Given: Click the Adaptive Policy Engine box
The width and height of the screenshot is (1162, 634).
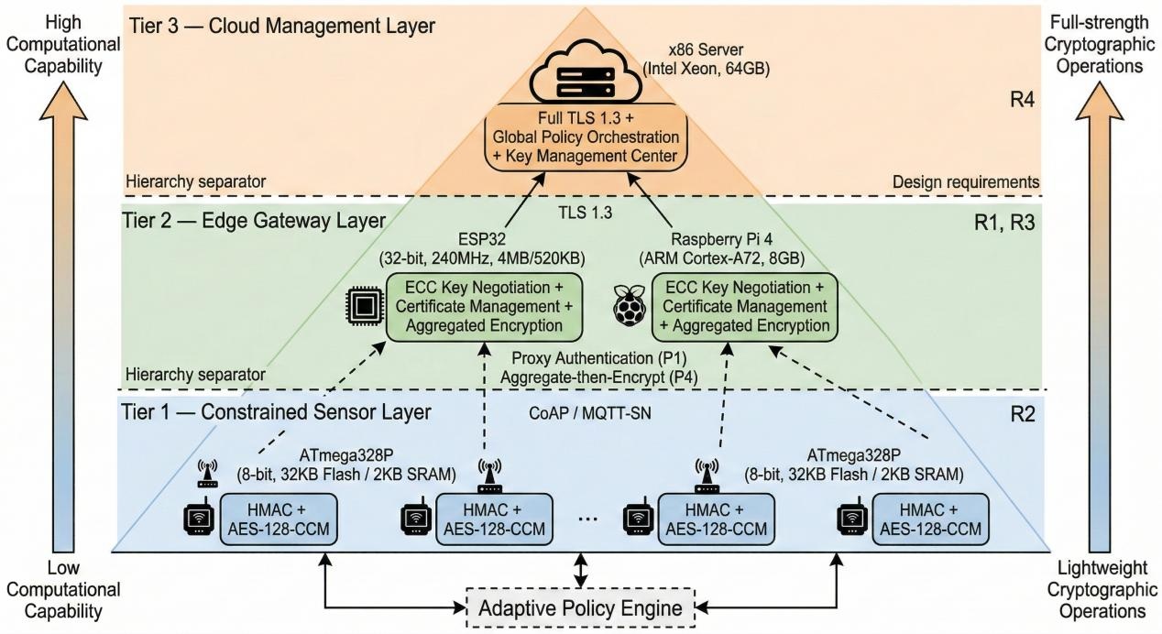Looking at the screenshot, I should (x=580, y=607).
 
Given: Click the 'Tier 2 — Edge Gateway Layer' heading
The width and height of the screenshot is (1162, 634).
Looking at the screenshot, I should (x=253, y=221).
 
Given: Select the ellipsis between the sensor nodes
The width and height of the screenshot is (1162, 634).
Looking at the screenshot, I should (x=588, y=518).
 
